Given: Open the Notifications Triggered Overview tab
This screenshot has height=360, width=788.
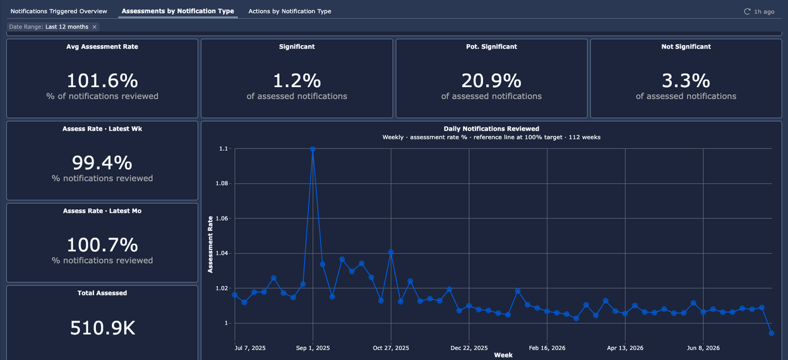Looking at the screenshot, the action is click(x=59, y=11).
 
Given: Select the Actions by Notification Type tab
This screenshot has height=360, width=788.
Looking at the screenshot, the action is click(x=290, y=11).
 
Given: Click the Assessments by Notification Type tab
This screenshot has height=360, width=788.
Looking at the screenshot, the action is click(x=177, y=11).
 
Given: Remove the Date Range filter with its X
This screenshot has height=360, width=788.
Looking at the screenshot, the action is click(x=94, y=27).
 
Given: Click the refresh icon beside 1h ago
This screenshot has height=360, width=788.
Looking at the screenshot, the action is click(x=747, y=11).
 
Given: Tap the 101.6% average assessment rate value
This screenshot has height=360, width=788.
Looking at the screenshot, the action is click(x=102, y=81).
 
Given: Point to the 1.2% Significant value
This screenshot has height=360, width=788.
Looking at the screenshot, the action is click(x=297, y=81).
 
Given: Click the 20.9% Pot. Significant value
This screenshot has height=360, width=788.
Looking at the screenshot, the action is click(x=491, y=81).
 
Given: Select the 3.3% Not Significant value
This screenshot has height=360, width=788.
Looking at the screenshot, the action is click(x=686, y=81).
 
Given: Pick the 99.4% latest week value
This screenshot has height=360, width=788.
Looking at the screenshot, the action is click(x=102, y=162).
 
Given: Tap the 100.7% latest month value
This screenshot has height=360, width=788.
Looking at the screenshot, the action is click(x=102, y=244).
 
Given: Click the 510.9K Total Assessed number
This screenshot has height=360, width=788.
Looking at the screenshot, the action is click(x=102, y=328).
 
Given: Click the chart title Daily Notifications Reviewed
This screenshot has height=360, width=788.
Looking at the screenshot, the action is click(x=491, y=129).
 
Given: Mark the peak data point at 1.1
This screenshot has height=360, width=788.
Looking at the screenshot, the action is click(x=313, y=149).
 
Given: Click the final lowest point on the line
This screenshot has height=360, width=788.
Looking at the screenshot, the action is click(x=772, y=333).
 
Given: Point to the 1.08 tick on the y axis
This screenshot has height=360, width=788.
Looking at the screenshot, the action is click(x=223, y=184).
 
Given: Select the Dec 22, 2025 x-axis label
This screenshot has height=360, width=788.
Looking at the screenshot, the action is click(x=469, y=348).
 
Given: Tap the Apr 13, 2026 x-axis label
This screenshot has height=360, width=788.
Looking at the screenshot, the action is click(x=625, y=348).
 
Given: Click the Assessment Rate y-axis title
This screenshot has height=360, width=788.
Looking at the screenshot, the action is click(x=210, y=244).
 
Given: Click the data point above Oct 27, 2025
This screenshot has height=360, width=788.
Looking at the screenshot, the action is click(x=391, y=253).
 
